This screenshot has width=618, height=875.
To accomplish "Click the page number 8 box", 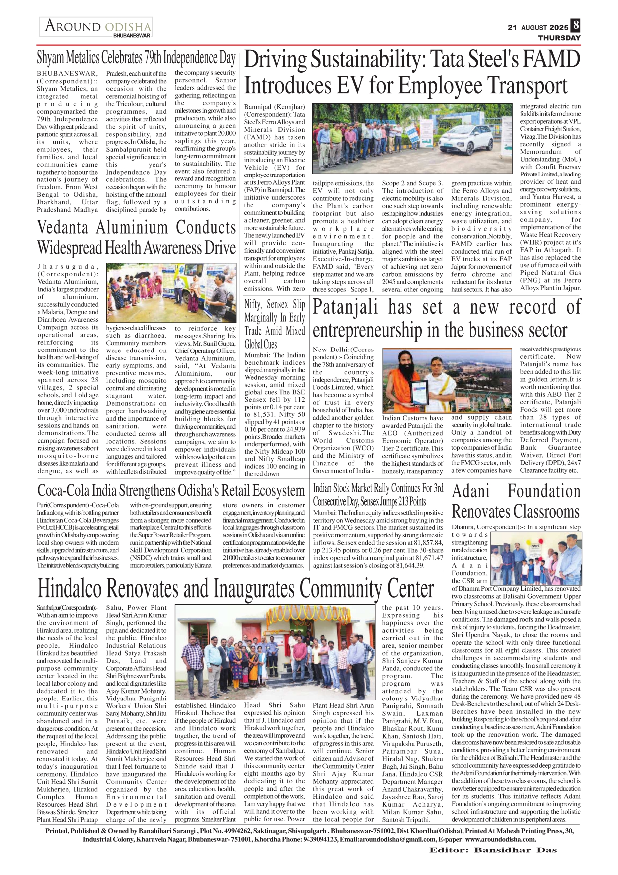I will (x=576, y=25).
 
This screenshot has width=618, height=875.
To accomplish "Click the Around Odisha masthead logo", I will (x=97, y=27).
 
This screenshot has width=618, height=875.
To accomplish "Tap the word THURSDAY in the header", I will (x=559, y=38).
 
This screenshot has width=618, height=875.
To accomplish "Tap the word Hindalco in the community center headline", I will (x=70, y=589).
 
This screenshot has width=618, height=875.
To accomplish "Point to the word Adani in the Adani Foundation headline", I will (x=471, y=491).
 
